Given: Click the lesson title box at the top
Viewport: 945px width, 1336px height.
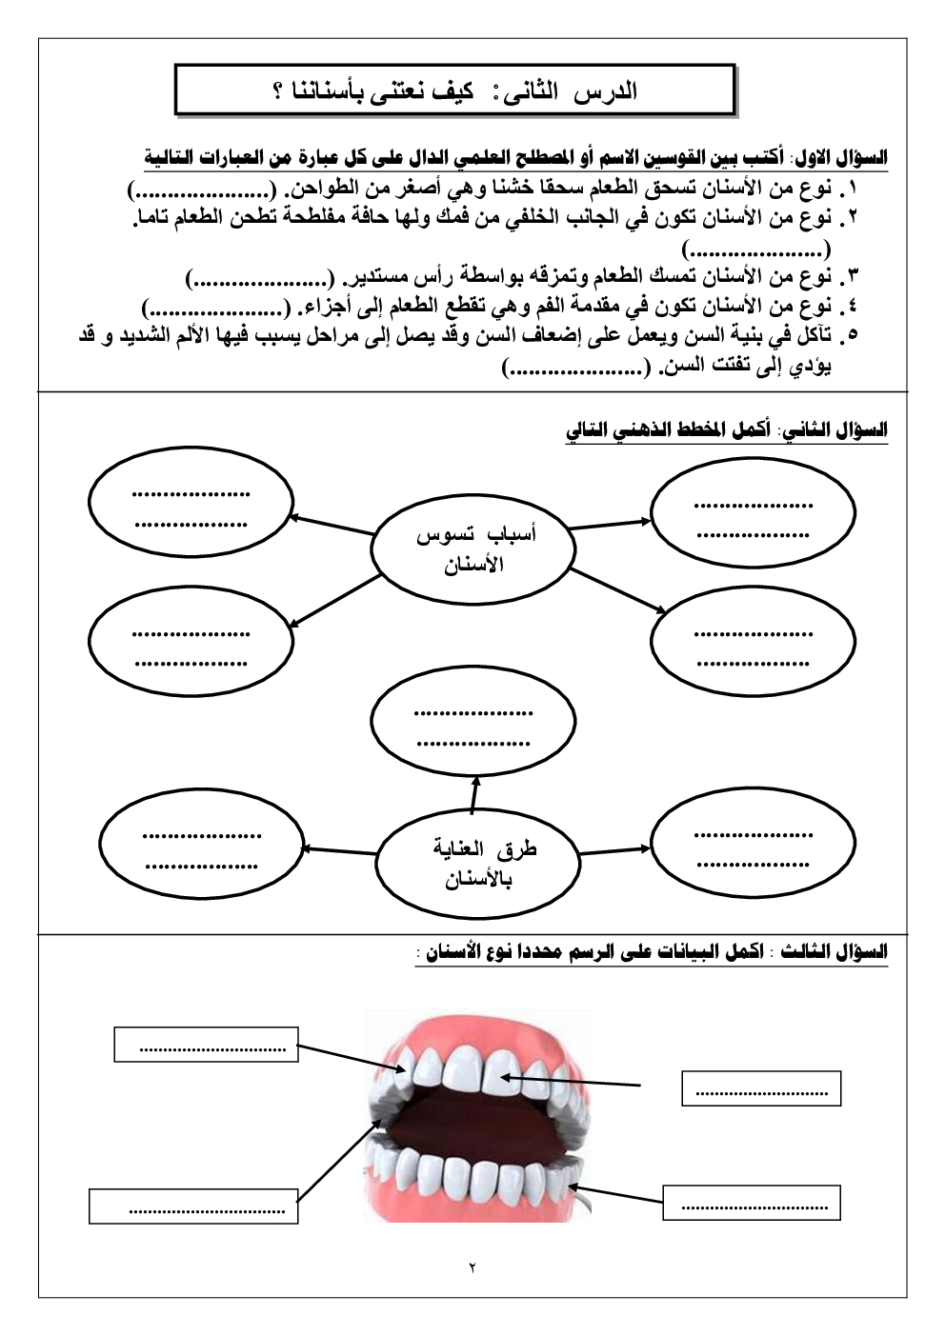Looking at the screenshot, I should coord(455,91).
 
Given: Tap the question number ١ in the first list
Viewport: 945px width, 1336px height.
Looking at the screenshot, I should coord(852,188).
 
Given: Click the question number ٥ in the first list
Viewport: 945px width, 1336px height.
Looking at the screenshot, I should coord(852,335).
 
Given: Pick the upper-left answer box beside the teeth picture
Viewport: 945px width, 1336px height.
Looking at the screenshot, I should coord(206,1045).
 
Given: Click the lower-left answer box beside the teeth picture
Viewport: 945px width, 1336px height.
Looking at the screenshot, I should coord(193,1206).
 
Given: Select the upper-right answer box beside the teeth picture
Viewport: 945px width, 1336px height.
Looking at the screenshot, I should coord(761,1088).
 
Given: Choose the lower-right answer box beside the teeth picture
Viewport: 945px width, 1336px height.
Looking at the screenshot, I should coord(752,1203).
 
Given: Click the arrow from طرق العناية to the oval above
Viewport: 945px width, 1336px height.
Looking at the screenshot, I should coord(473,794).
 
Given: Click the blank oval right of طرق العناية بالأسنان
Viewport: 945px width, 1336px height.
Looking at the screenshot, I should coord(753,847).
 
